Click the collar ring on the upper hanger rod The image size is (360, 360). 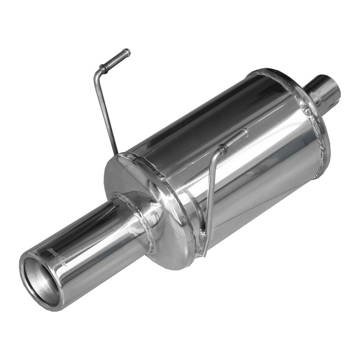pos(104,69)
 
